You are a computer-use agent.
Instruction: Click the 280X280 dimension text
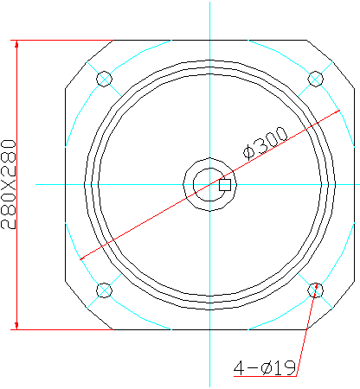8,184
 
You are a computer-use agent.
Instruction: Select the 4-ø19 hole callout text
265,367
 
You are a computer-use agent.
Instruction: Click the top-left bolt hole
104,79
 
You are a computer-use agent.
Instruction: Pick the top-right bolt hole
316,79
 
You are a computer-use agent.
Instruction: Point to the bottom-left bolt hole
104,290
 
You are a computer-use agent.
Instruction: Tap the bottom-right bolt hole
316,290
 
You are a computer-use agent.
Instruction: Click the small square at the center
225,185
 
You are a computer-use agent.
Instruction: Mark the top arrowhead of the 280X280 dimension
16,44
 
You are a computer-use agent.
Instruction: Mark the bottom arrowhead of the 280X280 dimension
16,326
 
